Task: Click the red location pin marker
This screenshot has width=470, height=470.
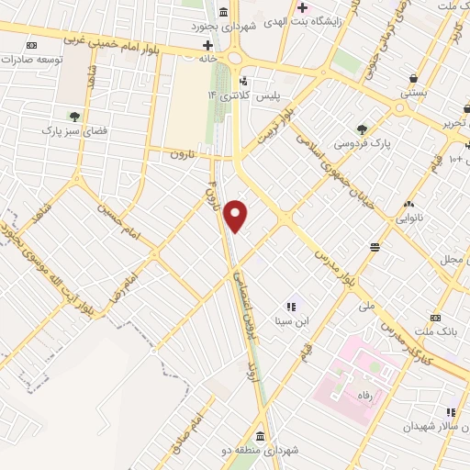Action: [x=237, y=216]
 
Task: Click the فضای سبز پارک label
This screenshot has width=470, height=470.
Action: [x=74, y=131]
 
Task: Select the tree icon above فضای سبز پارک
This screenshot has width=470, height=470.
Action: [x=73, y=116]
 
